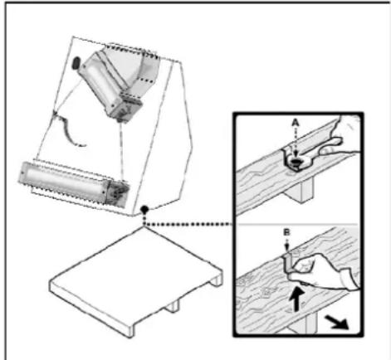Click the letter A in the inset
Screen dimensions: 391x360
point(296,122)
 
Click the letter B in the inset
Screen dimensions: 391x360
point(287,232)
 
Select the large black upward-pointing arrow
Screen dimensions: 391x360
point(297,299)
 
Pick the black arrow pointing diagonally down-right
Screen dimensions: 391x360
point(337,323)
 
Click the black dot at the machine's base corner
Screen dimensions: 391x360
point(144,209)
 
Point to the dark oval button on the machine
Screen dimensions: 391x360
point(76,63)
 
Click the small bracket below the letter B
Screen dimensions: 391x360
point(288,264)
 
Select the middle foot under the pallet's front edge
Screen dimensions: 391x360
point(173,306)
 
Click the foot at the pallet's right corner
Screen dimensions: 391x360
point(217,280)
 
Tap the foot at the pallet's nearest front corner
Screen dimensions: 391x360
point(130,329)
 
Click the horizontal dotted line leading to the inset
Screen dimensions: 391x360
point(188,224)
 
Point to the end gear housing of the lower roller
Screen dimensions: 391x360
point(117,192)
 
